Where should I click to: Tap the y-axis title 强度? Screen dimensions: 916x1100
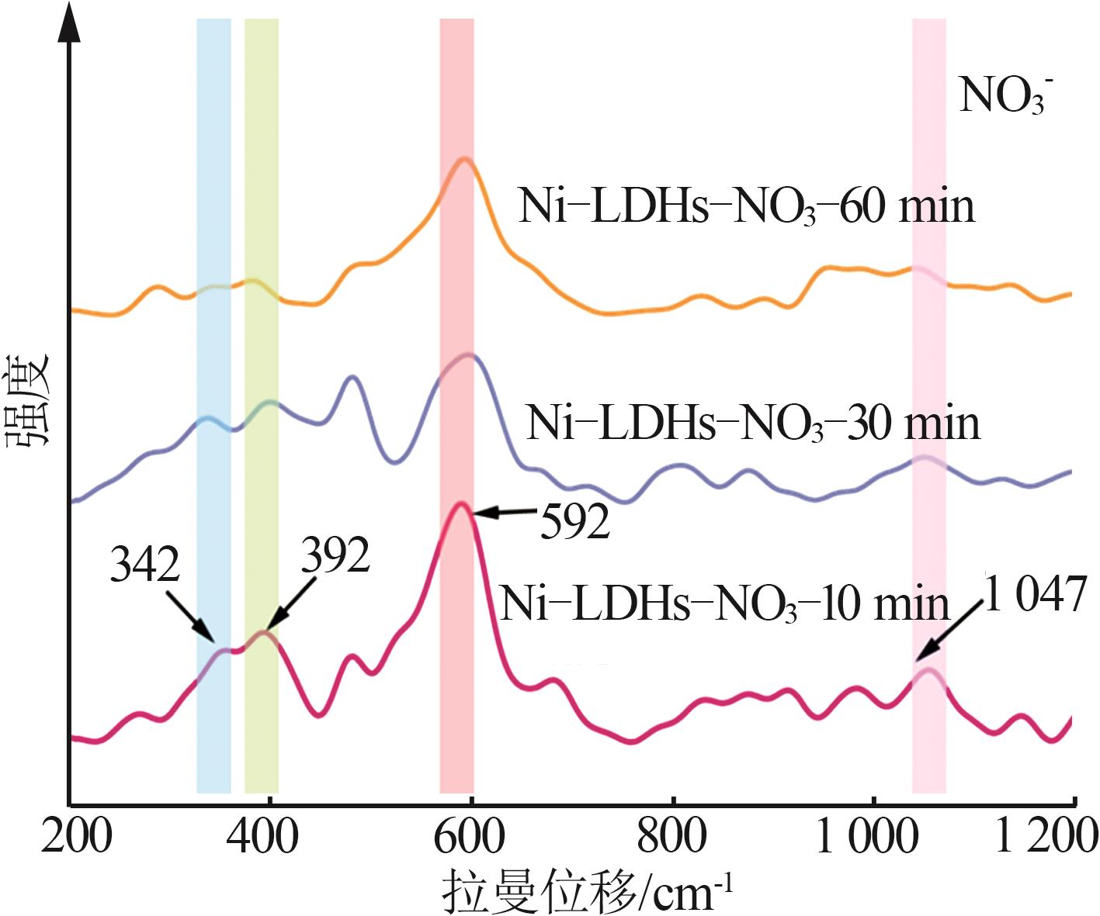(x=29, y=399)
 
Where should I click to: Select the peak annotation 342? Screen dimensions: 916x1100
(x=145, y=564)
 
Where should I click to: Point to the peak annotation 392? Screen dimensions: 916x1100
(x=335, y=555)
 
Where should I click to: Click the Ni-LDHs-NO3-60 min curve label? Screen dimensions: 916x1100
(x=746, y=207)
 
